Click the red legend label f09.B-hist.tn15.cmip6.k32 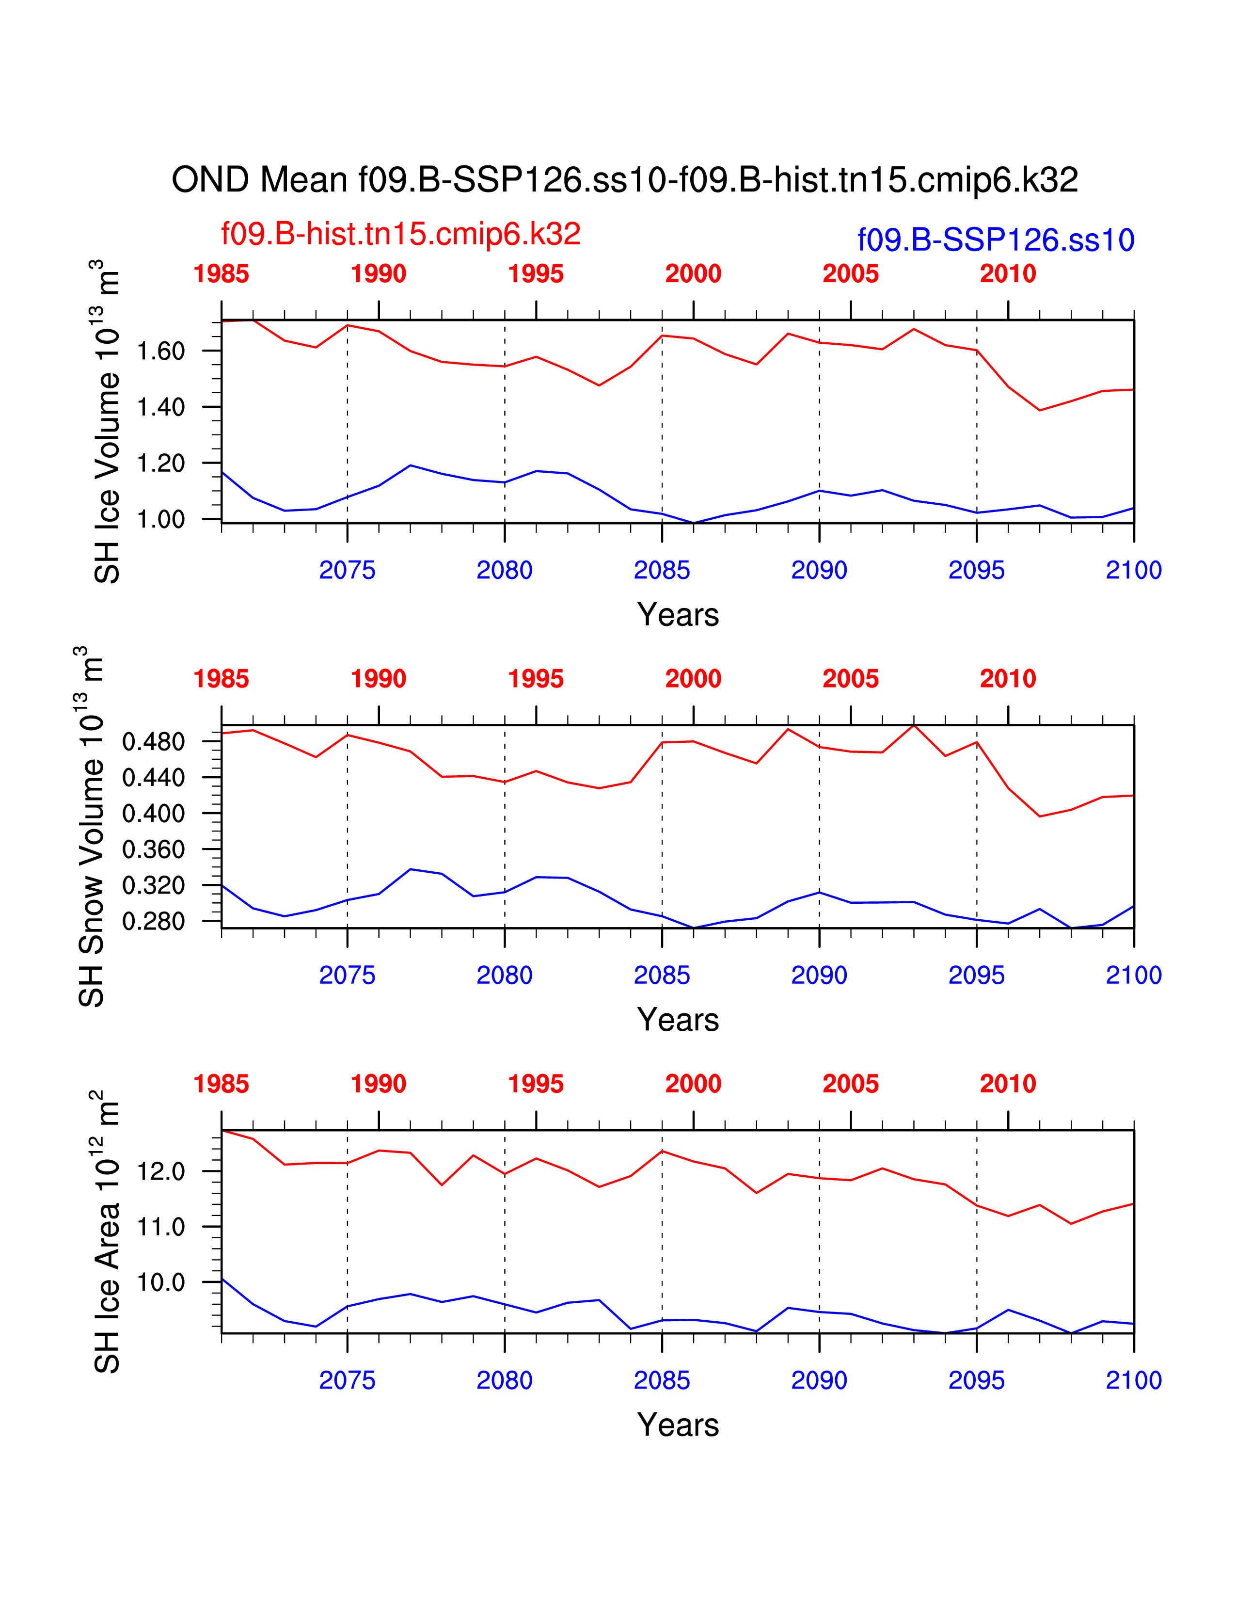click(x=400, y=235)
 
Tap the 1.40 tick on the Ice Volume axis click(x=161, y=407)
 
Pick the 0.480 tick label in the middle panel click(x=154, y=742)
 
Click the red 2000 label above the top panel click(x=693, y=274)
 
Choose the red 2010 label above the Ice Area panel click(x=1008, y=1084)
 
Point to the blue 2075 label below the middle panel click(x=347, y=976)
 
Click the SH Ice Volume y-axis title click(x=107, y=421)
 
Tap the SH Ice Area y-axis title click(x=107, y=1231)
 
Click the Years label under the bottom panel click(x=678, y=1425)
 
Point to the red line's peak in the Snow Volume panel click(x=914, y=725)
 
